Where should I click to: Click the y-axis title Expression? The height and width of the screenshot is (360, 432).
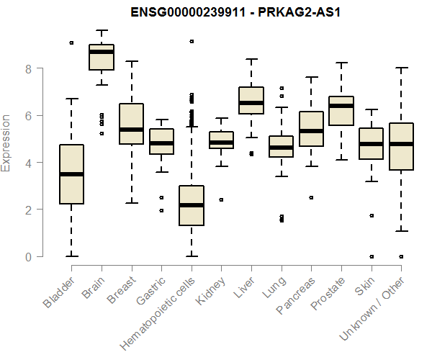click(x=6, y=143)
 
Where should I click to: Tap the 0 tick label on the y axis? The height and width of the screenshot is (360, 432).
click(x=29, y=256)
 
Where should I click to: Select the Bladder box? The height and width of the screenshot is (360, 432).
click(x=71, y=174)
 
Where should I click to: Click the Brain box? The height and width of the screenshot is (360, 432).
click(x=102, y=58)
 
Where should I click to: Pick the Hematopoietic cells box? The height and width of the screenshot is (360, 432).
click(x=191, y=205)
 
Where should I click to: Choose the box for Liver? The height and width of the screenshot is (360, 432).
click(x=251, y=100)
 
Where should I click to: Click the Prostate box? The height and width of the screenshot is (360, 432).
click(x=341, y=110)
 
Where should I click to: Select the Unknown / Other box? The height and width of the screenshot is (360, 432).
click(x=401, y=146)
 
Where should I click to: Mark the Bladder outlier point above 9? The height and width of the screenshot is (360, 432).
click(x=71, y=43)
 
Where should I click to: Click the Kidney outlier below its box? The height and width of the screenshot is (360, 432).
click(x=221, y=199)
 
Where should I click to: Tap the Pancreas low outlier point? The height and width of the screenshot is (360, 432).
click(x=311, y=197)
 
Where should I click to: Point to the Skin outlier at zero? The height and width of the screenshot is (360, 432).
click(x=371, y=256)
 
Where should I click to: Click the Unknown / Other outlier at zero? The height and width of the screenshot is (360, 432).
click(x=401, y=256)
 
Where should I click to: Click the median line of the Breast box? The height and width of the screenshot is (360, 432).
click(x=131, y=130)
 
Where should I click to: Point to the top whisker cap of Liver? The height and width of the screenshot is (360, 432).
click(x=251, y=59)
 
